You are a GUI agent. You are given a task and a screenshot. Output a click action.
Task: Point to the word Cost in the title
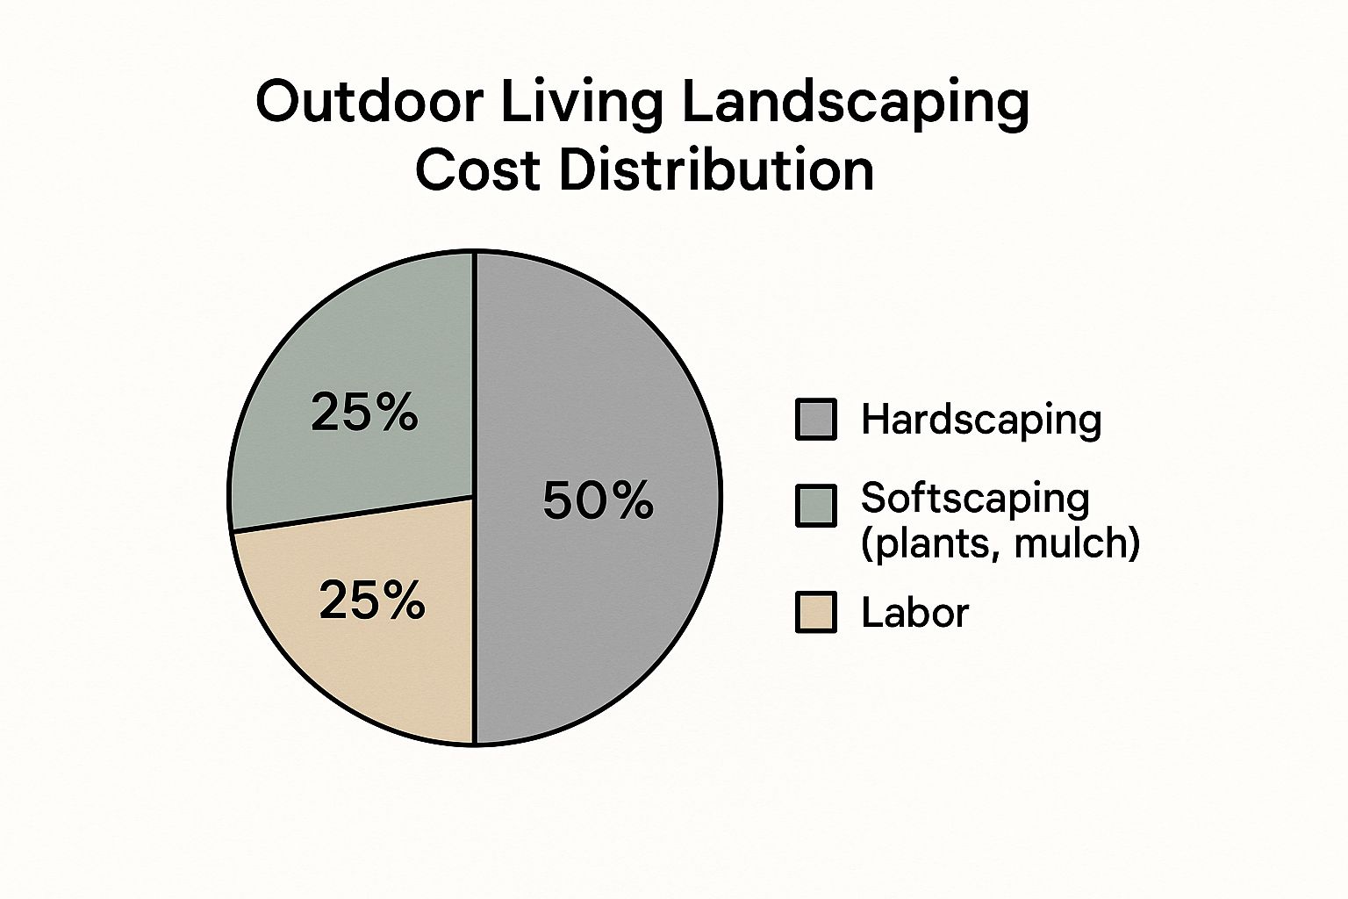pyautogui.click(x=477, y=170)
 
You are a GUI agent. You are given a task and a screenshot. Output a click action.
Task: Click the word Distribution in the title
pyautogui.click(x=716, y=170)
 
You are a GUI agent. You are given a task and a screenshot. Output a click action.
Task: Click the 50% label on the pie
pyautogui.click(x=599, y=500)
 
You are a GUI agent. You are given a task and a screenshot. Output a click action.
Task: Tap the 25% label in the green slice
pyautogui.click(x=364, y=412)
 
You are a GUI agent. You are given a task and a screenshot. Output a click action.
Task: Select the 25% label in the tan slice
pyautogui.click(x=372, y=601)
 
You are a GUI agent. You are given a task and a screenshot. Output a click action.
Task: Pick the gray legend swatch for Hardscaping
pyautogui.click(x=816, y=419)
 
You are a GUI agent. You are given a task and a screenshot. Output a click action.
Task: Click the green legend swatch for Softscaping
pyautogui.click(x=816, y=506)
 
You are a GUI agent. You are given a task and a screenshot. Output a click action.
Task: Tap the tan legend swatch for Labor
pyautogui.click(x=816, y=612)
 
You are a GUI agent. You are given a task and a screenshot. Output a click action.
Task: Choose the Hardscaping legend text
pyautogui.click(x=981, y=420)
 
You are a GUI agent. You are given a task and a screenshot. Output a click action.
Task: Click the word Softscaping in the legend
pyautogui.click(x=976, y=500)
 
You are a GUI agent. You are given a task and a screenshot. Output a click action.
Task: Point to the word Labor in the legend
pyautogui.click(x=915, y=613)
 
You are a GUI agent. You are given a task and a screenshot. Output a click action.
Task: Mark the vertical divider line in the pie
pyautogui.click(x=475, y=498)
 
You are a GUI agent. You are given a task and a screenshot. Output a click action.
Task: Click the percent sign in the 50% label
pyautogui.click(x=634, y=500)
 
